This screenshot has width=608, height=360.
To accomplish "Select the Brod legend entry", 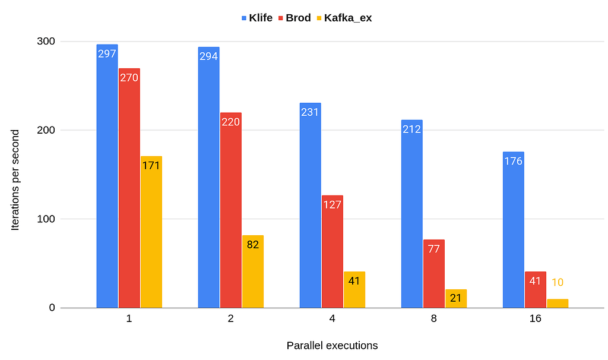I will point(294,18).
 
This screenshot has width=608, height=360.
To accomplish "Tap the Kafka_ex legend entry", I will point(343,18).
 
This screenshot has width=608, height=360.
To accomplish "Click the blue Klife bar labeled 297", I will point(107,178).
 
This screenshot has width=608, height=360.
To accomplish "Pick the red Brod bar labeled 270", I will point(129,190).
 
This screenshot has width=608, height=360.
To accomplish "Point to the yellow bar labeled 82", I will point(253,272).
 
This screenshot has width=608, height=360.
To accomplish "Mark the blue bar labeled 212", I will point(412,214).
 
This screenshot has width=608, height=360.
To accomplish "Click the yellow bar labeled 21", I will point(456,299).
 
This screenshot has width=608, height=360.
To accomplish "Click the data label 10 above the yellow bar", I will point(558,283).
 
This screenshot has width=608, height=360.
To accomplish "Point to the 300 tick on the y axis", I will point(47,42).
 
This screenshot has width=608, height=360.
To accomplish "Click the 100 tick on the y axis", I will point(47,219).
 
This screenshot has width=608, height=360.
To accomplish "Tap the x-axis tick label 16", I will point(536,318).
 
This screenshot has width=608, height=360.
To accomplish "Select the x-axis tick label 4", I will point(332,318).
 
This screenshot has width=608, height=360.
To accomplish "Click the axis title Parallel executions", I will point(332,345).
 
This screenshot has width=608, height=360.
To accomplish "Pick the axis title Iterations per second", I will point(15,179).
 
